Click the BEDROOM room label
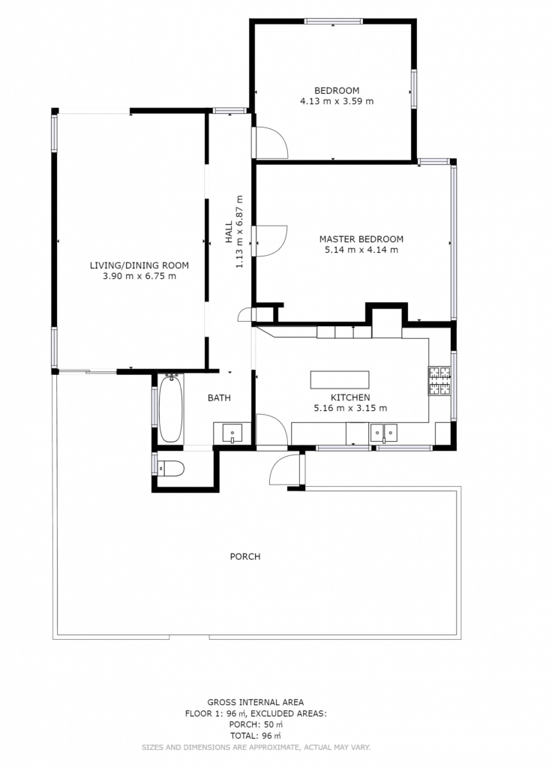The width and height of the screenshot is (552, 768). pyautogui.click(x=337, y=91)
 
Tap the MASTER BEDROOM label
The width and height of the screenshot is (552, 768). pyautogui.click(x=361, y=239)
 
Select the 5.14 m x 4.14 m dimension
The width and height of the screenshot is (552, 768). pyautogui.click(x=361, y=250)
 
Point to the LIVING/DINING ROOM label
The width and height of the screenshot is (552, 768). pyautogui.click(x=139, y=265)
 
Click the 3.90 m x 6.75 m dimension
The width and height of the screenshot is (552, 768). pyautogui.click(x=139, y=276)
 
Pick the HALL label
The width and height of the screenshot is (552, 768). pyautogui.click(x=229, y=232)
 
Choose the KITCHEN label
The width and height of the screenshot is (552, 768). pyautogui.click(x=350, y=397)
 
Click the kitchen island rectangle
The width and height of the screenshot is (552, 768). pyautogui.click(x=340, y=379)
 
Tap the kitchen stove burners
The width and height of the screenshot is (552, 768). pyautogui.click(x=439, y=380)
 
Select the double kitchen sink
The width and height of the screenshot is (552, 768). pyautogui.click(x=383, y=433)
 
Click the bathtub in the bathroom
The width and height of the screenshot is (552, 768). pyautogui.click(x=170, y=409)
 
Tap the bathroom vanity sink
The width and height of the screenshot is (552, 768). pyautogui.click(x=232, y=433)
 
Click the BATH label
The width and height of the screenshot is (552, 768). pyautogui.click(x=219, y=397)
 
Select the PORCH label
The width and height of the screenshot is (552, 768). pyautogui.click(x=245, y=556)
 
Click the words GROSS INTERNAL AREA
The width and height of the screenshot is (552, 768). pyautogui.click(x=255, y=702)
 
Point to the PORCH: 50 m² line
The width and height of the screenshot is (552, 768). pyautogui.click(x=255, y=724)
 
